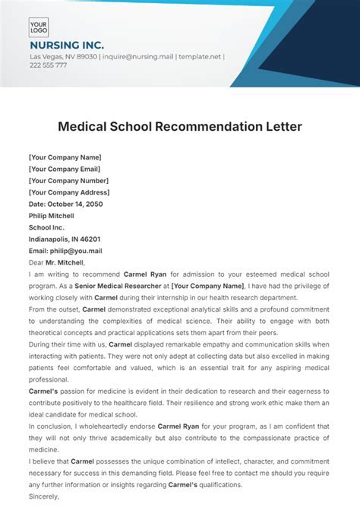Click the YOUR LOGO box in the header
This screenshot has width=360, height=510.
point(39,28)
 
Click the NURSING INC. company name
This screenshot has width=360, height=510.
point(67,46)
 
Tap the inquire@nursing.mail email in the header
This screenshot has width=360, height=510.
point(133,56)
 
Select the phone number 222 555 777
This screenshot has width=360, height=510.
point(48,65)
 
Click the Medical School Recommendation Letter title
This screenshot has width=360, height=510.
point(180,125)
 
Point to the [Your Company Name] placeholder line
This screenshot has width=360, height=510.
point(66,158)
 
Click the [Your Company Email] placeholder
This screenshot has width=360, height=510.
point(65,169)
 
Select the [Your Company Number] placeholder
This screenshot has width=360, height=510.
point(68,182)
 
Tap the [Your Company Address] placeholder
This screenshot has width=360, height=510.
point(69,193)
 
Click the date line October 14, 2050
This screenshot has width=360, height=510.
point(65,204)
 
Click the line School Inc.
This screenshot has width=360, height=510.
point(47,227)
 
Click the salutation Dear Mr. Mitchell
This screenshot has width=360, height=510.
point(57,261)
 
